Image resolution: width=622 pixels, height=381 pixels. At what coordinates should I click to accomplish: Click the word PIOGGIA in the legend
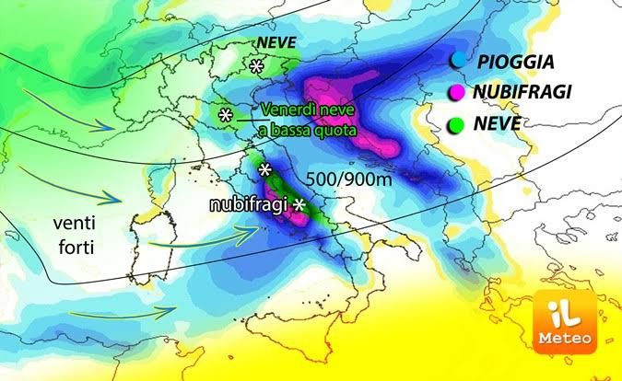pyautogui.click(x=514, y=63)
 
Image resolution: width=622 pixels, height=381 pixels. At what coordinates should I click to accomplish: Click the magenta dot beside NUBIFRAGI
pyautogui.click(x=456, y=92)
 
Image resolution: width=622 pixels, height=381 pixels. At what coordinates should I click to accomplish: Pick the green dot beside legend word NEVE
pyautogui.click(x=456, y=121)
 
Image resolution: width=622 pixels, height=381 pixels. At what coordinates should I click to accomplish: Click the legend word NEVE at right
pyautogui.click(x=501, y=122)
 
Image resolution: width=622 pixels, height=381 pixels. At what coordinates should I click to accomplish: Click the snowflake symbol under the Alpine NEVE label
pyautogui.click(x=256, y=66)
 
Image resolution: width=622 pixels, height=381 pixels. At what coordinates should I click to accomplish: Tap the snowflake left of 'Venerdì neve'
pyautogui.click(x=225, y=116)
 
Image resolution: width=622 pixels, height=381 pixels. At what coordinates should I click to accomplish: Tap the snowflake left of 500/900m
pyautogui.click(x=265, y=170)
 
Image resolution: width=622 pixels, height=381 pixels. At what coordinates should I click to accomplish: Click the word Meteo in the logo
pyautogui.click(x=565, y=339)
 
